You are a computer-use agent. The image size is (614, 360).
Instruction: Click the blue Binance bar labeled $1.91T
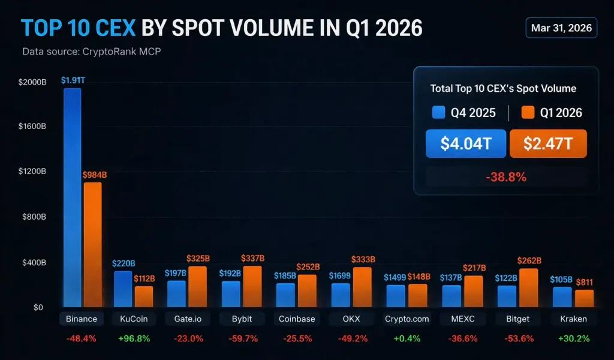[72, 198]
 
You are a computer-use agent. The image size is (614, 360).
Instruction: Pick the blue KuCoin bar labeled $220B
[123, 289]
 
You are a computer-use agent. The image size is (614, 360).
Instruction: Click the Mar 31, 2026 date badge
[561, 28]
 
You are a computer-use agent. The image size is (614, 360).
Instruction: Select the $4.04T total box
[466, 144]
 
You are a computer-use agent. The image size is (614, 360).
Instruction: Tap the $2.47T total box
[548, 144]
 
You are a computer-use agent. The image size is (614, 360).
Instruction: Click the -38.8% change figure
[505, 177]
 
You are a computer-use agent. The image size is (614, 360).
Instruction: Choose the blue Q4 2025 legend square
[438, 112]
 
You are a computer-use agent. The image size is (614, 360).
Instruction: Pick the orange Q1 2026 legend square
[528, 112]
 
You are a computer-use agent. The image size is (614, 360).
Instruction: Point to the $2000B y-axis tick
[31, 81]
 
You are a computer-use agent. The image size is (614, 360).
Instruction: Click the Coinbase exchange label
[297, 319]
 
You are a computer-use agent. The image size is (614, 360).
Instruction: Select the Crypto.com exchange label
[407, 319]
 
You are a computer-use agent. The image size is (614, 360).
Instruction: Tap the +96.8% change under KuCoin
[134, 338]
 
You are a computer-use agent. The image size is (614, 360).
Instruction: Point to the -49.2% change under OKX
[351, 338]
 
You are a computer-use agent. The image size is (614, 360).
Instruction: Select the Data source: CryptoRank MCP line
[91, 52]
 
